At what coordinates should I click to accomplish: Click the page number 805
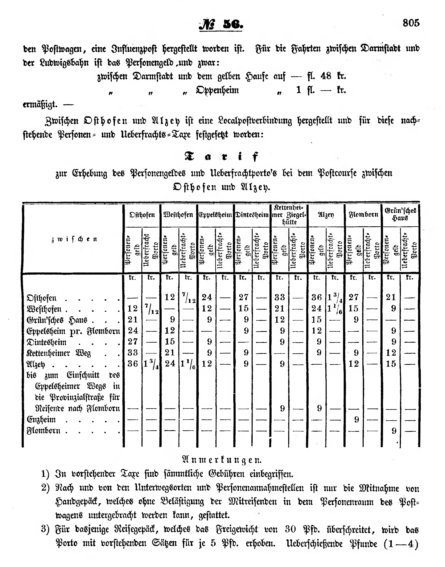[x=411, y=23]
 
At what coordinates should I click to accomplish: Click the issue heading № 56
[x=221, y=25]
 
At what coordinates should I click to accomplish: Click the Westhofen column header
[x=178, y=215]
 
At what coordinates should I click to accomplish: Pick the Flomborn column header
[x=363, y=215]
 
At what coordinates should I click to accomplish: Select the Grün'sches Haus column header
[x=400, y=214]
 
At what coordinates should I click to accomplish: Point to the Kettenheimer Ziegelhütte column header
[x=289, y=215]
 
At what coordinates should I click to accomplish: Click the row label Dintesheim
[x=47, y=342]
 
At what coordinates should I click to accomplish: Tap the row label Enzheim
[x=41, y=419]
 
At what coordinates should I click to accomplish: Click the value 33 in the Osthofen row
[x=280, y=297]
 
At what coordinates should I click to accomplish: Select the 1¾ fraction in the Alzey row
[x=151, y=364]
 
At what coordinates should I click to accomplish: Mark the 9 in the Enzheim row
[x=357, y=419]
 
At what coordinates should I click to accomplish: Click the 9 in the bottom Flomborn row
[x=394, y=431]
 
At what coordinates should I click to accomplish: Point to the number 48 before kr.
[x=326, y=76]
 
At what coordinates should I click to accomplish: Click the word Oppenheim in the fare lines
[x=217, y=90]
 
